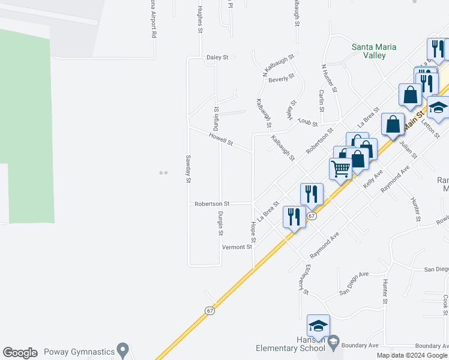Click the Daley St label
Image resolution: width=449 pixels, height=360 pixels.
tap(218, 58)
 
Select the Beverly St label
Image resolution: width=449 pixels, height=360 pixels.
tap(282, 79)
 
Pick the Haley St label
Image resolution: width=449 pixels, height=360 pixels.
tap(292, 110)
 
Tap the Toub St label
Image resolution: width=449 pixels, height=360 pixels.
tap(307, 123)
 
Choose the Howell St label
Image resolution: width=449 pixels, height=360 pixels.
tap(221, 140)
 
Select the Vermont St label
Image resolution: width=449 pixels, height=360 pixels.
tap(237, 247)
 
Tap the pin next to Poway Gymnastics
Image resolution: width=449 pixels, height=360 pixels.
tap(123, 349)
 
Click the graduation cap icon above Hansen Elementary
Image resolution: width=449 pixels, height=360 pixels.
tap(318, 326)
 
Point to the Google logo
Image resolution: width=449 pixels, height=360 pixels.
tap(20, 353)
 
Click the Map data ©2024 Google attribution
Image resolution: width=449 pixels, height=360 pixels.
tap(412, 355)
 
